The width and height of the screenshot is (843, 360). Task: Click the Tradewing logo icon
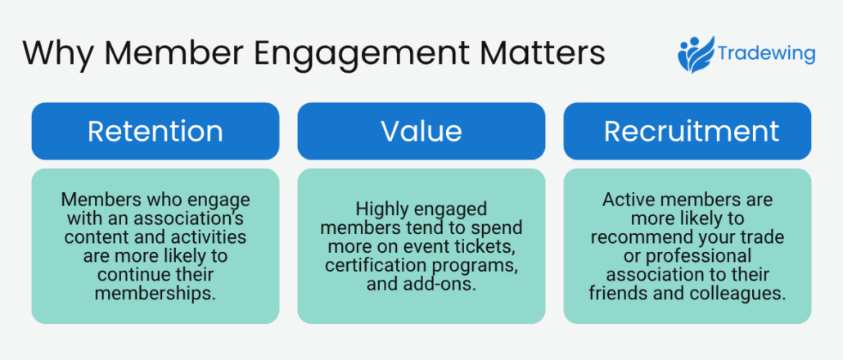695,55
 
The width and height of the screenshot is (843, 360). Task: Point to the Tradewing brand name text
766,55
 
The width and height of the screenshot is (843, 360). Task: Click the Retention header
155,131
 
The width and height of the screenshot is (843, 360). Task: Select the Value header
421,131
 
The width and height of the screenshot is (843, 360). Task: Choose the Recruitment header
687,131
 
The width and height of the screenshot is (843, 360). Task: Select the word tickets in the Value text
494,246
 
